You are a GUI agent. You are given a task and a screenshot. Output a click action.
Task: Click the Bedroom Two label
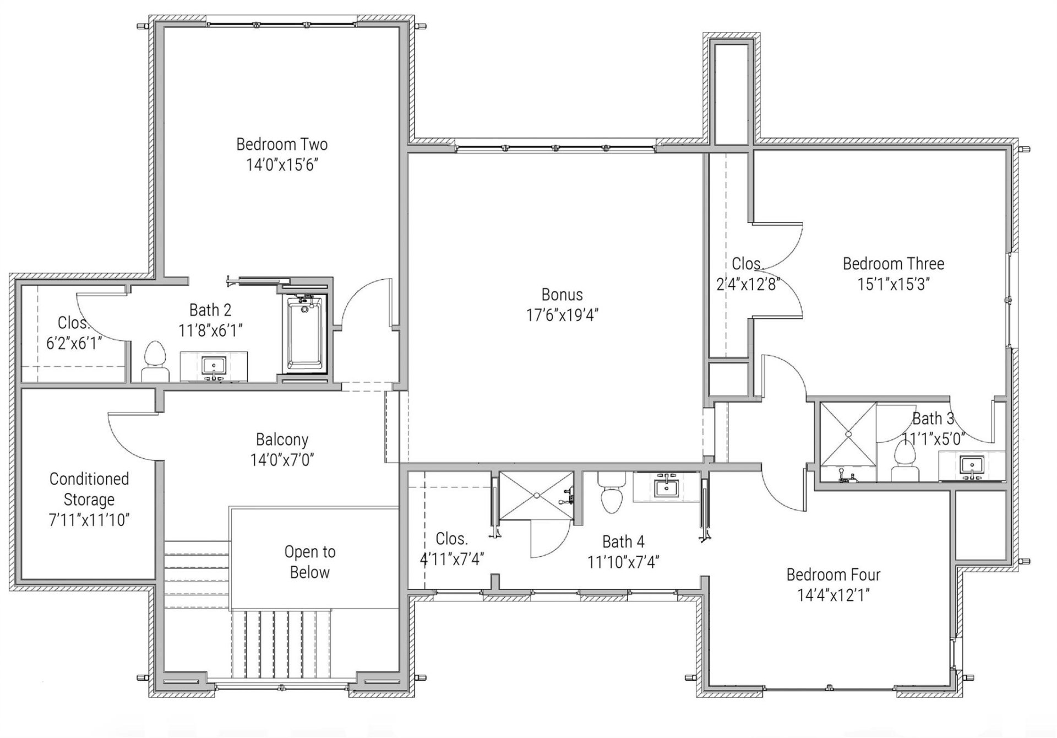tap(281, 144)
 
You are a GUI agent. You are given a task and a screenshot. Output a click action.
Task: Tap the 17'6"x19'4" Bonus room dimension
tap(562, 315)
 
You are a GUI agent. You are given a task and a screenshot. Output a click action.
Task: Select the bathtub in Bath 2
tap(305, 334)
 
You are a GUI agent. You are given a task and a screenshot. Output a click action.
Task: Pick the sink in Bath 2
tap(214, 367)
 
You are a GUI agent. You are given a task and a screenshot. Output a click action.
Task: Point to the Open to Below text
tap(309, 562)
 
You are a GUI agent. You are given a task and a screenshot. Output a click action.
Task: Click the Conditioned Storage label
tap(89, 489)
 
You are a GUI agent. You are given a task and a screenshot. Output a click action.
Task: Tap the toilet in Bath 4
tap(611, 492)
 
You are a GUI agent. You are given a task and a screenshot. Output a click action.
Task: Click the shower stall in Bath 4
tap(536, 495)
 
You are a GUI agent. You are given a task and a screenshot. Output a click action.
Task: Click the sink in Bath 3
tap(972, 466)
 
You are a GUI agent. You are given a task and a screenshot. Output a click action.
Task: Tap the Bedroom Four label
tap(833, 575)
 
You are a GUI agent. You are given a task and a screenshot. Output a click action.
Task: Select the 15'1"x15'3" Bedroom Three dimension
tap(893, 284)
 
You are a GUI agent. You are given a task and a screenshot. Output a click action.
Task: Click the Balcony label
tap(282, 439)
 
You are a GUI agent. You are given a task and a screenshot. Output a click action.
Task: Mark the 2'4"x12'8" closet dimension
tap(748, 284)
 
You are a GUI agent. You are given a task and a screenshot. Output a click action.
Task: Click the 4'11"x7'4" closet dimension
tap(451, 559)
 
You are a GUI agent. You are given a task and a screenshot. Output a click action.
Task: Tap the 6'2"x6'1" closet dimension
tap(74, 344)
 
